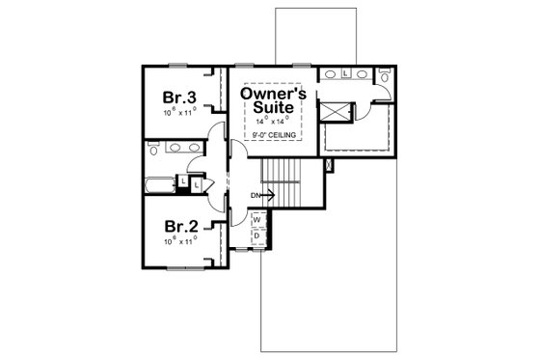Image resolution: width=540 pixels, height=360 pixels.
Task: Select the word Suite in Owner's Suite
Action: pyautogui.click(x=273, y=109)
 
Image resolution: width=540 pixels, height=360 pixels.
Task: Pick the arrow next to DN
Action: pyautogui.click(x=269, y=196)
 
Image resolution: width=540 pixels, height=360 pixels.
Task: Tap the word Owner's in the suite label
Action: pyautogui.click(x=273, y=95)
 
